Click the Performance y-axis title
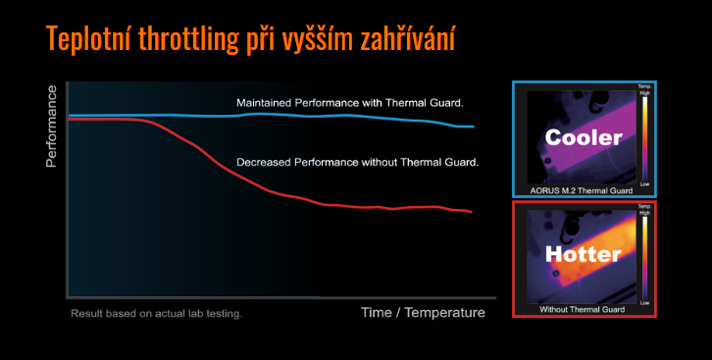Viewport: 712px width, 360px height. pyautogui.click(x=51, y=126)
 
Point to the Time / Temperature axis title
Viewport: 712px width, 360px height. pyautogui.click(x=423, y=313)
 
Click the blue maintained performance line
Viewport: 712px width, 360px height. pyautogui.click(x=294, y=115)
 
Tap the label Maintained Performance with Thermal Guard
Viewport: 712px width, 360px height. pyautogui.click(x=350, y=102)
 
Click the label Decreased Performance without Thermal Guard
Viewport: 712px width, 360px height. pyautogui.click(x=357, y=161)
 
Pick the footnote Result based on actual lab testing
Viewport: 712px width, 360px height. pyautogui.click(x=156, y=314)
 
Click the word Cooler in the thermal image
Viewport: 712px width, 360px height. pyautogui.click(x=583, y=137)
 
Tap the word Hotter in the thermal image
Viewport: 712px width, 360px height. pyautogui.click(x=583, y=255)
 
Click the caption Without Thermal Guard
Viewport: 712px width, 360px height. pyautogui.click(x=582, y=309)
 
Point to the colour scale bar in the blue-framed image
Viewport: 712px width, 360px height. pyautogui.click(x=644, y=136)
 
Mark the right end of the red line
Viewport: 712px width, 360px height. pyautogui.click(x=472, y=212)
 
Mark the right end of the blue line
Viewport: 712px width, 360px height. pyautogui.click(x=474, y=127)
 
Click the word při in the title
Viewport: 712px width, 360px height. pyautogui.click(x=277, y=39)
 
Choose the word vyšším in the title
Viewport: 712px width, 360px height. pyautogui.click(x=329, y=39)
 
